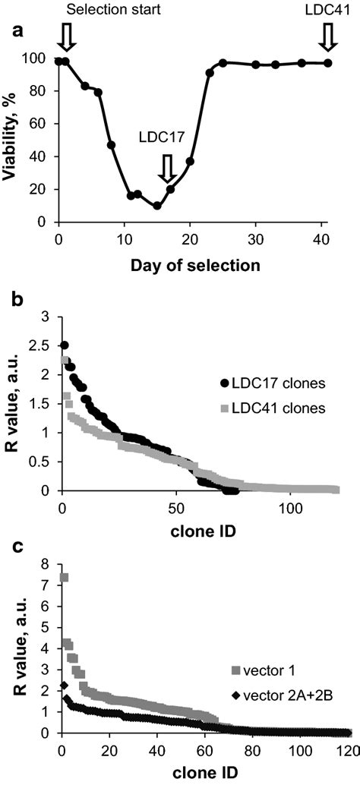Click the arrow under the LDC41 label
click(x=328, y=36)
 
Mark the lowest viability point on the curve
click(x=156, y=206)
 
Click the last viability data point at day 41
click(x=328, y=63)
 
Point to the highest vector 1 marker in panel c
click(x=65, y=578)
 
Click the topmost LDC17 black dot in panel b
click(x=64, y=345)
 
